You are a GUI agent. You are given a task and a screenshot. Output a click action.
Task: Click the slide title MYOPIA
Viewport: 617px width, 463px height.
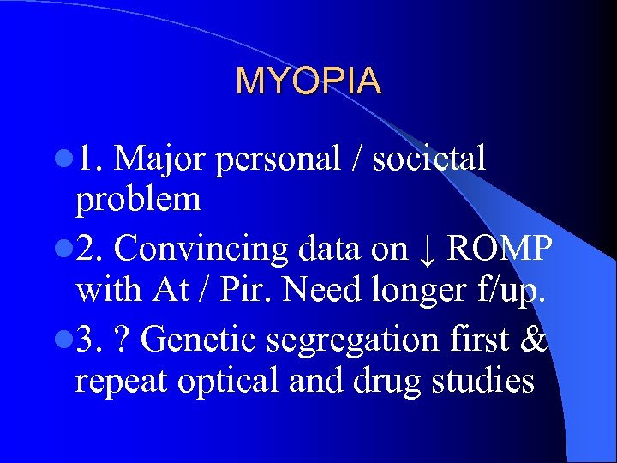pos(308,81)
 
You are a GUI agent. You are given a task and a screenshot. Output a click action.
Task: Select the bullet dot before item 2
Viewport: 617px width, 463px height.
pos(65,249)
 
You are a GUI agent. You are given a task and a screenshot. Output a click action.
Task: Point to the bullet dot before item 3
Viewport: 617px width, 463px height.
pos(65,340)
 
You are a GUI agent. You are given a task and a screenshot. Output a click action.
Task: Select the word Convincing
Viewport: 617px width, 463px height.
pos(201,249)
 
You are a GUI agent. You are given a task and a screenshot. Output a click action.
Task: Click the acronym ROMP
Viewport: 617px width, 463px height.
pos(500,249)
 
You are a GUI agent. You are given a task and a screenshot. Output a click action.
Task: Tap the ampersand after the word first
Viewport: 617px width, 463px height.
pos(533,340)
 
